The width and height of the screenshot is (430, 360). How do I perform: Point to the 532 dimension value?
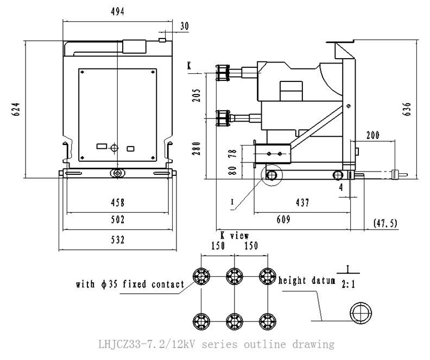pos(117,240)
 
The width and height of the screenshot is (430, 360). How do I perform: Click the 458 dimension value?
pos(117,203)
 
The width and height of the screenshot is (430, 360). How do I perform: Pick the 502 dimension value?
pos(117,220)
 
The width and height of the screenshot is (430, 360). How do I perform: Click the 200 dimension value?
pos(372,135)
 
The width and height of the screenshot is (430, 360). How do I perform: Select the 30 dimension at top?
pos(185,26)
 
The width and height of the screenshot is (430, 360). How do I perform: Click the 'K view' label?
pos(235,236)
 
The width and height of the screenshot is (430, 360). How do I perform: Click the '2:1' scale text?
pos(349,283)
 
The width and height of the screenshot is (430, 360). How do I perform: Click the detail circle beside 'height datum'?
pos(361,314)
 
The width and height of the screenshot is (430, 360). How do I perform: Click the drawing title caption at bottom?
pos(216,344)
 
